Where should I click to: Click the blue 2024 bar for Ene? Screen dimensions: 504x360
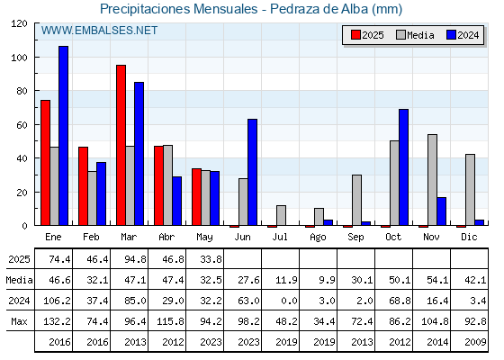click(63, 136)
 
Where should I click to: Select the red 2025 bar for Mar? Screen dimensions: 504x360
click(121, 145)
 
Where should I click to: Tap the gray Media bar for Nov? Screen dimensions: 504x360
click(432, 180)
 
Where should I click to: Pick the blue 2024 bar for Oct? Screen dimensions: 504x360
click(404, 167)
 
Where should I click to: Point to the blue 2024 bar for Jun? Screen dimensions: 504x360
click(253, 172)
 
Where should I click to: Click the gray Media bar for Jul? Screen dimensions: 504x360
click(281, 215)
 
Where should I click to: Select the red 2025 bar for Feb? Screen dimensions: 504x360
click(83, 186)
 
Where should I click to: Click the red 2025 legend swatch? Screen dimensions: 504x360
click(355, 35)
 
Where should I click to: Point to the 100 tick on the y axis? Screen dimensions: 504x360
click(37, 58)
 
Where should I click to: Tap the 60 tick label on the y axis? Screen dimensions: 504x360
click(22, 125)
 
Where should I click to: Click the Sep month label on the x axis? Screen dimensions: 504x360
click(355, 238)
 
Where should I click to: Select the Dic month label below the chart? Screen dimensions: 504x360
click(469, 237)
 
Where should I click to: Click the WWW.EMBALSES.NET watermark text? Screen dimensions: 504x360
click(99, 31)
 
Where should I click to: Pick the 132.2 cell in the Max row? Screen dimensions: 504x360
click(58, 321)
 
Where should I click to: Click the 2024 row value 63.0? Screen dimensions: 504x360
click(248, 301)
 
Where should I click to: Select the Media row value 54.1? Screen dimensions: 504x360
click(437, 280)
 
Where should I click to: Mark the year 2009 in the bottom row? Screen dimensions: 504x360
click(475, 342)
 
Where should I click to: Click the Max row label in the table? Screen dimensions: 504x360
click(19, 321)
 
